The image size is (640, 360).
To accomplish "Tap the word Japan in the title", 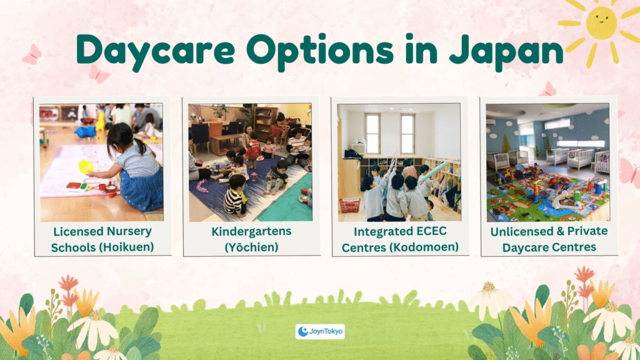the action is coord(506,50).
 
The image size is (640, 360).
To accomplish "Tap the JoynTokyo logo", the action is coord(320,331).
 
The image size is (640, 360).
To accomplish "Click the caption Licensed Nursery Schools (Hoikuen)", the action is coord(102,239).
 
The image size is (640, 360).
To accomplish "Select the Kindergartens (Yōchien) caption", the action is coord(251,239).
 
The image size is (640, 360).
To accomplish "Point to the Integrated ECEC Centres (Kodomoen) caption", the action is coord(400,239).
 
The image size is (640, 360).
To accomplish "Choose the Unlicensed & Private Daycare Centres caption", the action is coord(549,239).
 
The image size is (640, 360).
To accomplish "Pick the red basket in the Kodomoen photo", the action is coord(350,205).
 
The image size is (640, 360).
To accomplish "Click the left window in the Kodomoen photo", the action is coord(372,134).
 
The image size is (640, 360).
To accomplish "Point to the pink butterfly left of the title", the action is coord(32,55).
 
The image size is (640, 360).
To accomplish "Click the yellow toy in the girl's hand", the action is coord(86,166).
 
